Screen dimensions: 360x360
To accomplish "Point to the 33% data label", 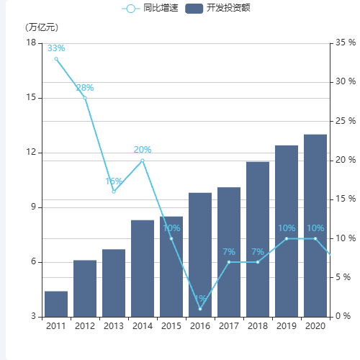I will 56,48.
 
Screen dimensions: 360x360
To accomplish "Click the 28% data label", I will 85,88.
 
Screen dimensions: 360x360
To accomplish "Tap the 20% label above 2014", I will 143,150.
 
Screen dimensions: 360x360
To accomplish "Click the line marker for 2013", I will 114,192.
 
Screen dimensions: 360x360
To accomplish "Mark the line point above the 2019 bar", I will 287,238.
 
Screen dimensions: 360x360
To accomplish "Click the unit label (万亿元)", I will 42,27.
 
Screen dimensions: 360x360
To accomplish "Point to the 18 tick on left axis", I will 31,43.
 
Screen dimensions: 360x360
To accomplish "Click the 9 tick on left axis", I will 33,207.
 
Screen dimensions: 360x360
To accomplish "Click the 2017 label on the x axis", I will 229,326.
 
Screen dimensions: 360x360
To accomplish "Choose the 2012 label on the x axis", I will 85,326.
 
